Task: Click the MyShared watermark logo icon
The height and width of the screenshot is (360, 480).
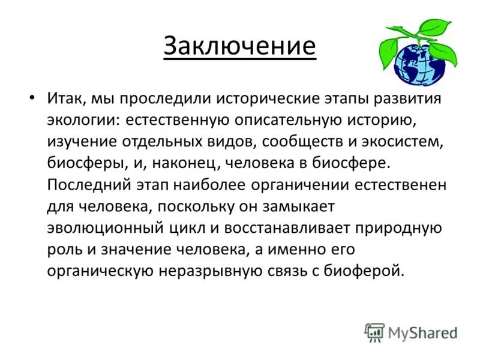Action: (374, 332)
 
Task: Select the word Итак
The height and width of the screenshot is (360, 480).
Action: (67, 98)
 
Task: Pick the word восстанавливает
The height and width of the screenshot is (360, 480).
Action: (298, 227)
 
